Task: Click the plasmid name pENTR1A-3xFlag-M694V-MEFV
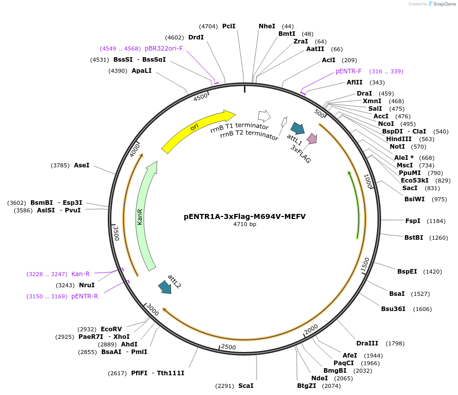pos(244,216)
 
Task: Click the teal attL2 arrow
pos(164,287)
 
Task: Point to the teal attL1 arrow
pos(298,128)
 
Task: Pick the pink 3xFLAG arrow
pos(312,138)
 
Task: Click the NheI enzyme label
pos(267,26)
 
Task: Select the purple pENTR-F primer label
pos(349,71)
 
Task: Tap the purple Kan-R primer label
pos(80,274)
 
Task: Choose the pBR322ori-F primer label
pos(164,49)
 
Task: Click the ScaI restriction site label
pos(245,386)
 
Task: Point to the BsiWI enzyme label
pos(414,199)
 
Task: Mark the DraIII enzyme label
pos(366,343)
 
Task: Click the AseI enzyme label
pos(81,165)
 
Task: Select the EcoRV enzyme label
pos(111,329)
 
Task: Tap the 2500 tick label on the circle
pos(229,347)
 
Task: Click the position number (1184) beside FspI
pos(436,221)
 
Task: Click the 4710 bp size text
pos(244,225)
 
